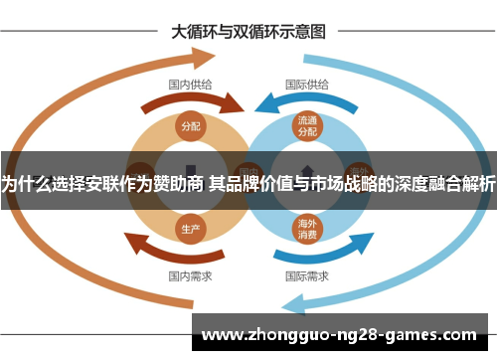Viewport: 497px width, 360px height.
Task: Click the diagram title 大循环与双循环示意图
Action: pyautogui.click(x=248, y=31)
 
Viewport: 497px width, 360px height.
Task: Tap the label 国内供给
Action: pyautogui.click(x=189, y=85)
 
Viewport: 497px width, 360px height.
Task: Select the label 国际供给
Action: pyautogui.click(x=307, y=85)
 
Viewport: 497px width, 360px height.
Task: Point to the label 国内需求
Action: pyautogui.click(x=189, y=274)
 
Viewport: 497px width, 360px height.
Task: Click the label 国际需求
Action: pyautogui.click(x=307, y=274)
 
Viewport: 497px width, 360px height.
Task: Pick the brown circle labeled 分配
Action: pyautogui.click(x=190, y=125)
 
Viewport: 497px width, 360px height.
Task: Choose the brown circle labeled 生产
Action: pyautogui.click(x=190, y=228)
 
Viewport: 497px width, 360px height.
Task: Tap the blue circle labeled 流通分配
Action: pyautogui.click(x=307, y=125)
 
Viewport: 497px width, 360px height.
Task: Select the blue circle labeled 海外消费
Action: pyautogui.click(x=307, y=229)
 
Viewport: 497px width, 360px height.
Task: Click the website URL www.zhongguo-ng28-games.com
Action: pyautogui.click(x=339, y=334)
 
